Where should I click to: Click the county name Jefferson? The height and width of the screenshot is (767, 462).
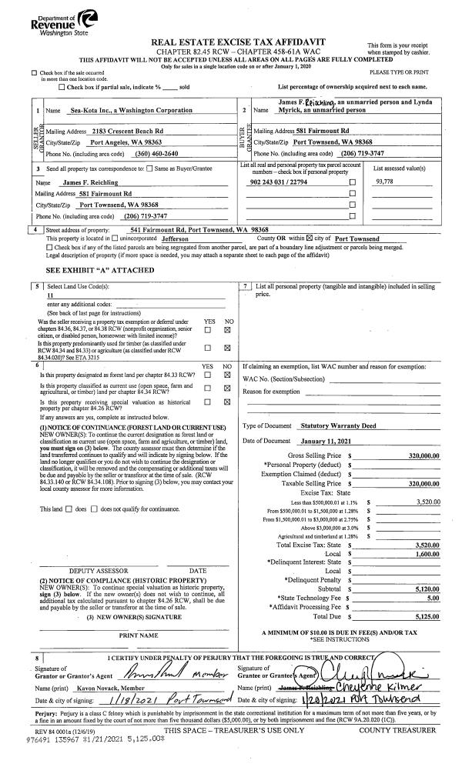(180, 239)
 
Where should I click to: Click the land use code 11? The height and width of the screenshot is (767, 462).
(50, 295)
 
